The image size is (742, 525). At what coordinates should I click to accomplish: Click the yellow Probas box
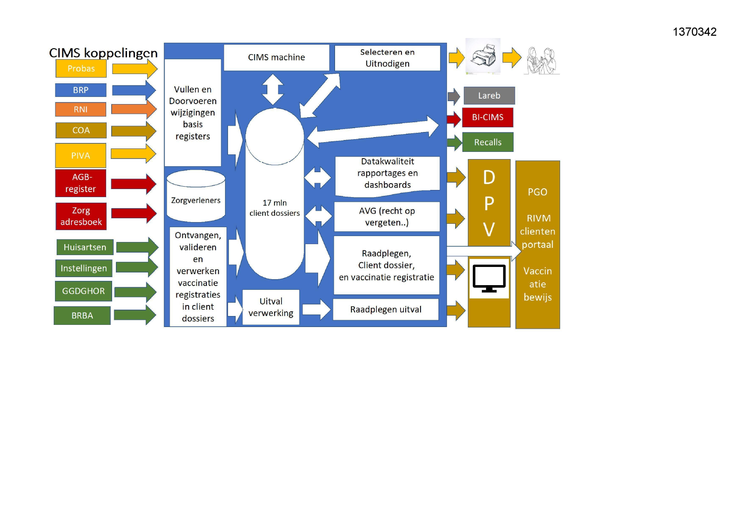click(81, 69)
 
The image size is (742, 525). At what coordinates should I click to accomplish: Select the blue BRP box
click(80, 90)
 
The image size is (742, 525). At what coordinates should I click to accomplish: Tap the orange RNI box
click(80, 109)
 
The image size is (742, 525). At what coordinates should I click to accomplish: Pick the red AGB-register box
click(80, 183)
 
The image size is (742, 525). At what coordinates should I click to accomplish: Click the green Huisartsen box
click(85, 247)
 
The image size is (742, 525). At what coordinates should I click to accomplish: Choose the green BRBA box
click(82, 316)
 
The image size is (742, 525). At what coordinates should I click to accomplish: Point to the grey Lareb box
click(489, 96)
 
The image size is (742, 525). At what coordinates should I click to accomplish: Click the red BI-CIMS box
click(487, 117)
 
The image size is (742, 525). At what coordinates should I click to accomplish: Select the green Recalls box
click(487, 142)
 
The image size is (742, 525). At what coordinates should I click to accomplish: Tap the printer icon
click(483, 56)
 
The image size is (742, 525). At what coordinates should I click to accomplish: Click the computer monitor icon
click(489, 278)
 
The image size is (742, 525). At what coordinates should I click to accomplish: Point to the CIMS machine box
click(276, 57)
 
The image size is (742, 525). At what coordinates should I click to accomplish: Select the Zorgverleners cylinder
click(195, 196)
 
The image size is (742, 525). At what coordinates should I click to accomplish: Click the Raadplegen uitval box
click(386, 309)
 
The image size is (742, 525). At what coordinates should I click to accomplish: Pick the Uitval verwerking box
click(271, 307)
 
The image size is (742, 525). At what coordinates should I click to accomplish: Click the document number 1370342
click(694, 32)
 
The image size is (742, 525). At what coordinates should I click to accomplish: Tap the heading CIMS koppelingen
click(103, 53)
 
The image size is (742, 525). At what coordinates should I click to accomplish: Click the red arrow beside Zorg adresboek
click(134, 213)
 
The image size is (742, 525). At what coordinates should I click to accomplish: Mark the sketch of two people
click(541, 61)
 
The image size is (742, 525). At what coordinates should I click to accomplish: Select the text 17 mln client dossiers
click(275, 208)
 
